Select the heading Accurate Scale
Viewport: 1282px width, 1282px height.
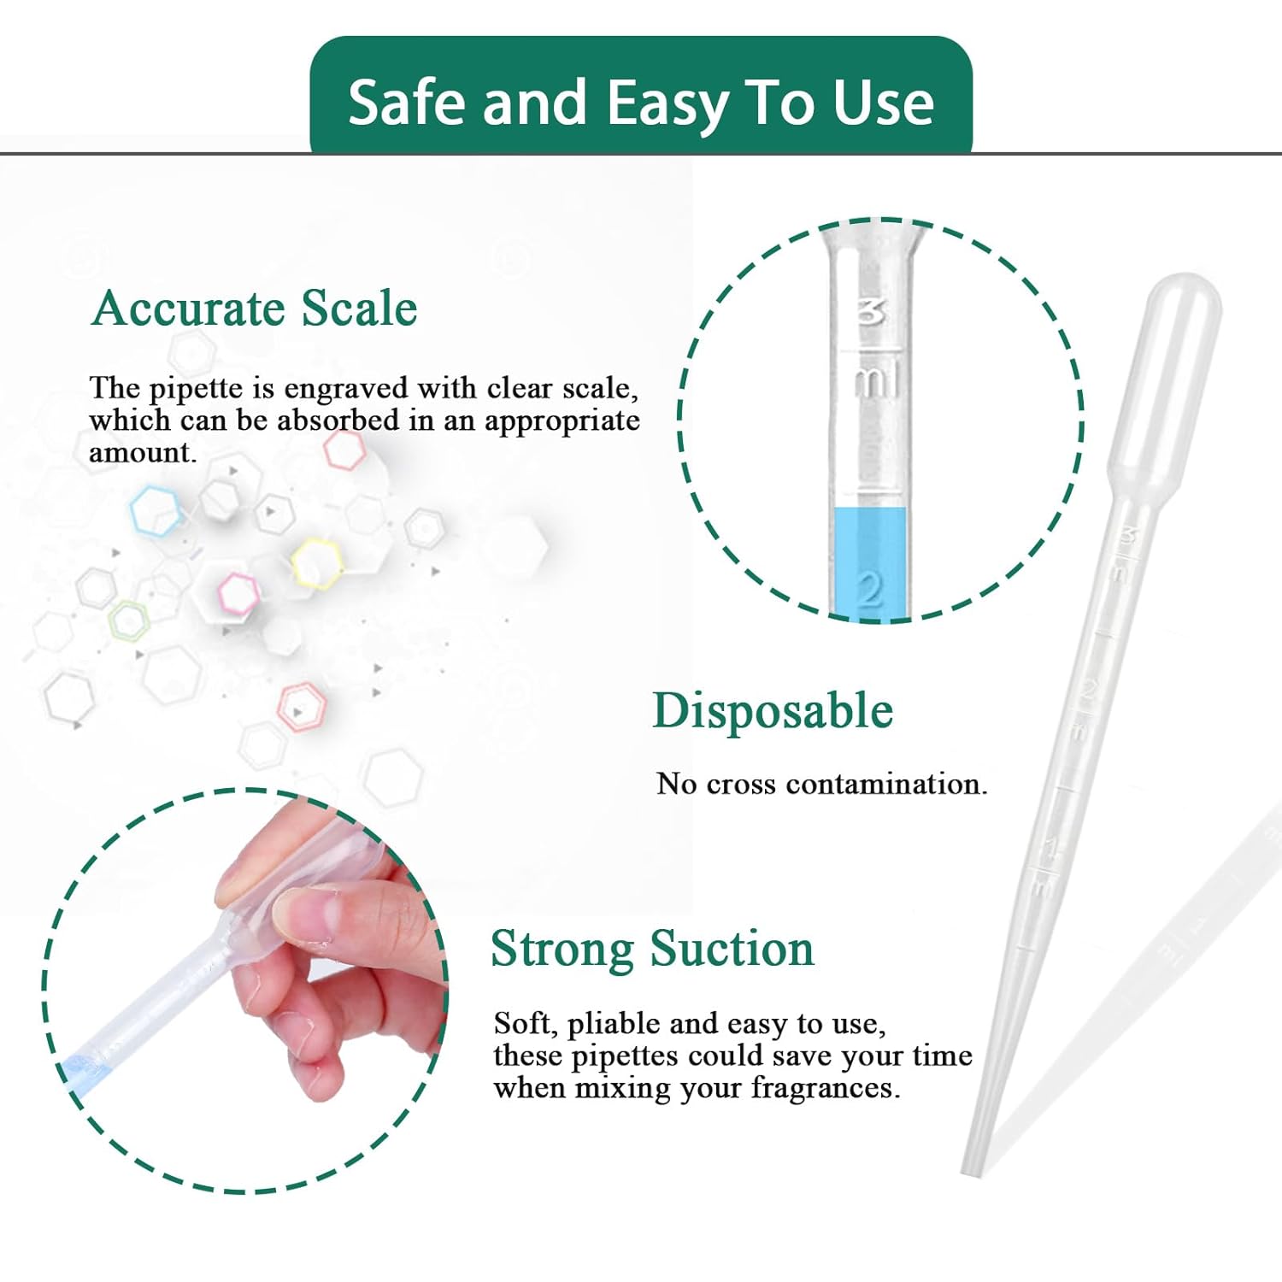(x=255, y=309)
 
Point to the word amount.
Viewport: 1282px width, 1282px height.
(x=141, y=453)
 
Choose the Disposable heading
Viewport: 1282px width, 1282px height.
(x=773, y=711)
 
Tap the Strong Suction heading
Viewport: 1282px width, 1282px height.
(x=652, y=949)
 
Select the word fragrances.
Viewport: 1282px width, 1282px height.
(x=825, y=1088)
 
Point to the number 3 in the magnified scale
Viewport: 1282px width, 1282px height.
(x=871, y=313)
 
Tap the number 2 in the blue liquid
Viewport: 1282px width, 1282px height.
(x=870, y=589)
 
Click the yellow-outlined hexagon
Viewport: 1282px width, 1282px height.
(x=317, y=564)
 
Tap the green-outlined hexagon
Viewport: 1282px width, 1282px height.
(x=128, y=620)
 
